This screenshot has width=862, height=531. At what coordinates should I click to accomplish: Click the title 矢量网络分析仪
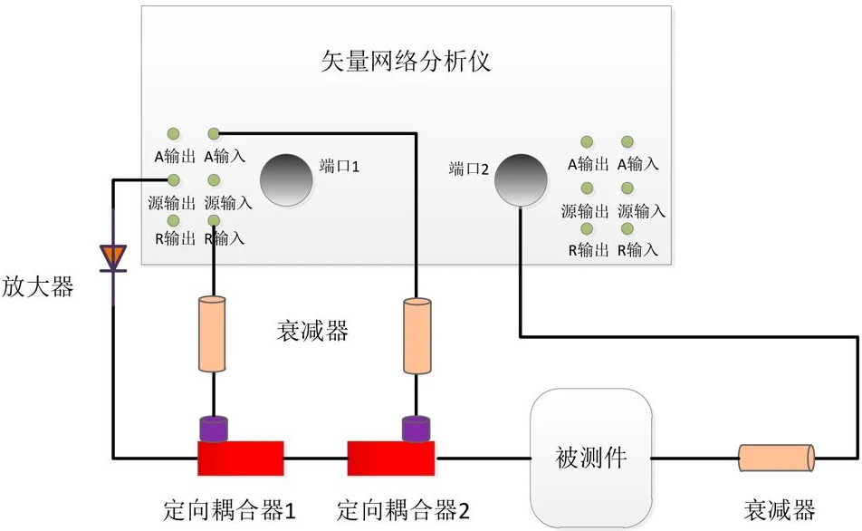(x=407, y=61)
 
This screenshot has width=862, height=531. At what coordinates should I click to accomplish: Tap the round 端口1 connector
(x=286, y=179)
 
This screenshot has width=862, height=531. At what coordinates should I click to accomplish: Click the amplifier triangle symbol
(x=113, y=257)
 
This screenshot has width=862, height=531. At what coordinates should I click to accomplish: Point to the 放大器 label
(x=37, y=287)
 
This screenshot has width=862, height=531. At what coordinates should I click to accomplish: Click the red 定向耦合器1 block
(x=241, y=457)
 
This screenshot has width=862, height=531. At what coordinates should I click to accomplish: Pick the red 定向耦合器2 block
(x=390, y=457)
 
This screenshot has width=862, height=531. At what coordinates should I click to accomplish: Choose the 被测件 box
(x=590, y=459)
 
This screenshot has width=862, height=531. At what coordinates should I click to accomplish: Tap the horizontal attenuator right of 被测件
(x=776, y=458)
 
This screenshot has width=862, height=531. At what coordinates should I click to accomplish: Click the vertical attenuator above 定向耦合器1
(x=212, y=333)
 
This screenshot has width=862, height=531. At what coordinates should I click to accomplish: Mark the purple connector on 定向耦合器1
(x=214, y=428)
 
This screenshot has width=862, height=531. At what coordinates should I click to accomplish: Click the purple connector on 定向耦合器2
(x=417, y=428)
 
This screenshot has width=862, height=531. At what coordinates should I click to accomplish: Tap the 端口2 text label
(x=469, y=169)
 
